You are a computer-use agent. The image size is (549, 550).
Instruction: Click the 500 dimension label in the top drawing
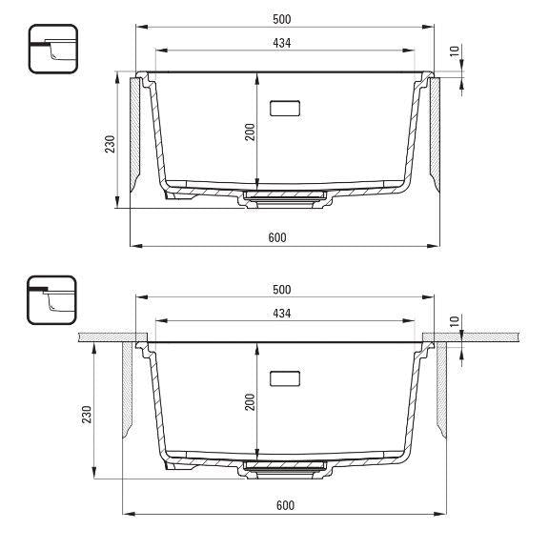tap(282, 19)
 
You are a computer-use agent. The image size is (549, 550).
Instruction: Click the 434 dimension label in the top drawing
tap(282, 43)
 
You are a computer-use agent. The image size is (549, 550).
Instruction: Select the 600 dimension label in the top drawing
tap(277, 237)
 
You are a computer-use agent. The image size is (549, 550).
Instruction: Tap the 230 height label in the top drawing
tap(110, 144)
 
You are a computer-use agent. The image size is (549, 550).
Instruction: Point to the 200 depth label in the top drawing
tap(250, 132)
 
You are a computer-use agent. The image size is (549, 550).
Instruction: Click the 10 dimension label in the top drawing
tap(455, 51)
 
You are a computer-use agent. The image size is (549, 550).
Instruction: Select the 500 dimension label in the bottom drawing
tap(282, 290)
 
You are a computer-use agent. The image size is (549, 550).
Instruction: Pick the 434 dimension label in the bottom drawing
tap(282, 314)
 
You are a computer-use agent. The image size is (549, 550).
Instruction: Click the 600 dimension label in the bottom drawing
tap(285, 505)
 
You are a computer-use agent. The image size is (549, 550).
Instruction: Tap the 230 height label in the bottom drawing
tap(87, 415)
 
